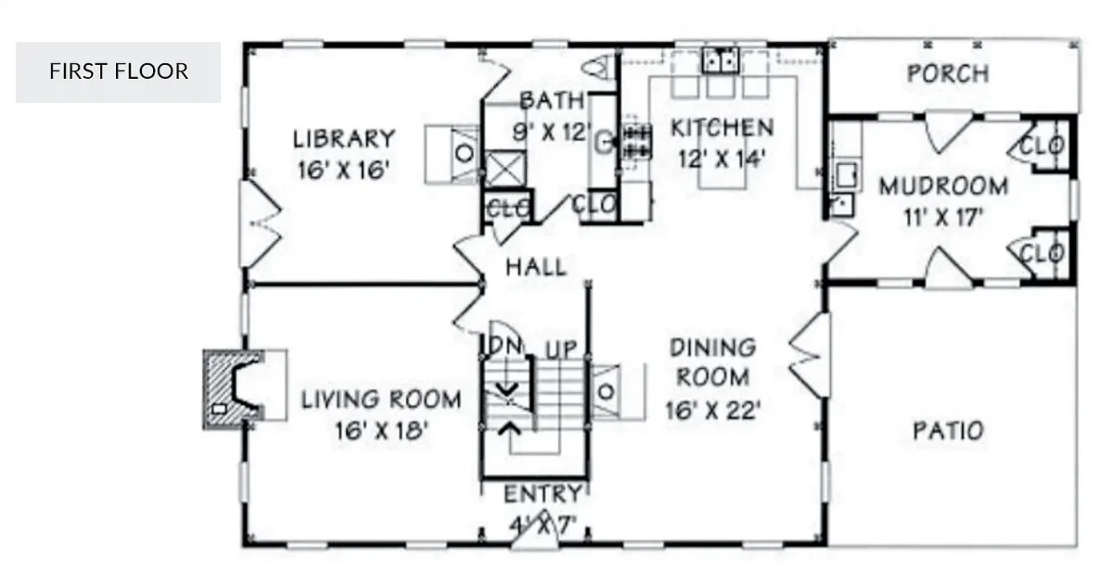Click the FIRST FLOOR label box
coord(118,71)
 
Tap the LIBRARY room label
coord(344,139)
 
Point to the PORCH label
coord(947,73)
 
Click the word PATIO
coord(948,431)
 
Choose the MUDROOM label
coord(943,186)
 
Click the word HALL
coord(535,267)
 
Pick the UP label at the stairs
coord(560,350)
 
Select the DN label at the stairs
coord(506,345)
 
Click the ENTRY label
coord(543,493)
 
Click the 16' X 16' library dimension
coord(342,171)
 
